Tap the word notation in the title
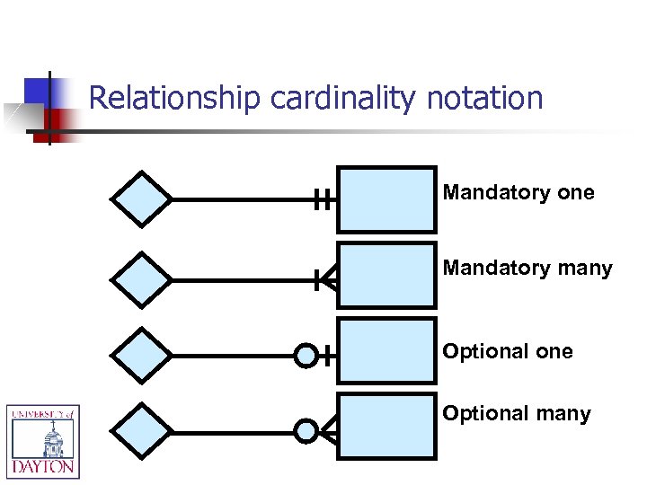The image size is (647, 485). tap(485, 98)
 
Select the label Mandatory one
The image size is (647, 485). tap(518, 192)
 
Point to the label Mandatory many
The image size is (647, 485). tap(527, 268)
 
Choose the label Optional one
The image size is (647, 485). tap(508, 351)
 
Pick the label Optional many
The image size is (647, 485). tap(517, 413)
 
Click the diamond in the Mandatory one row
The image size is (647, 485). tap(140, 198)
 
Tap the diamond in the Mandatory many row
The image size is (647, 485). tap(140, 278)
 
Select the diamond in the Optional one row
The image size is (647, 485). tap(140, 356)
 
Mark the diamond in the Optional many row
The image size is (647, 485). tap(140, 431)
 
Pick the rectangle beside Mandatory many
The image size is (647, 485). tap(386, 278)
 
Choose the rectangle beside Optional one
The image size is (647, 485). tap(386, 353)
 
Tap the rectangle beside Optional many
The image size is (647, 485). tap(386, 428)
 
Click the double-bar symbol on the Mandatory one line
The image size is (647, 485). tap(324, 200)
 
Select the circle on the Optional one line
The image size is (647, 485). tap(306, 357)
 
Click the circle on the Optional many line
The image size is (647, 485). tap(306, 432)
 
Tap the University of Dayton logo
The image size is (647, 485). tap(43, 441)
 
